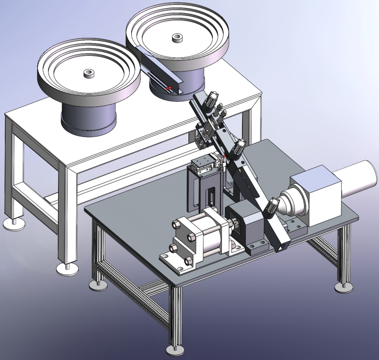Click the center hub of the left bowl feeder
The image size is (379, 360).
click(88, 73)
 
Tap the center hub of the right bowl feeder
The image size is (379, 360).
click(178, 37)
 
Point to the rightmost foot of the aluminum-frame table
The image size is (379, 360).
click(343, 287)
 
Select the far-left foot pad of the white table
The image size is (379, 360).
click(12, 223)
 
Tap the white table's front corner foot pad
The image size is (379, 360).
click(66, 269)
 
